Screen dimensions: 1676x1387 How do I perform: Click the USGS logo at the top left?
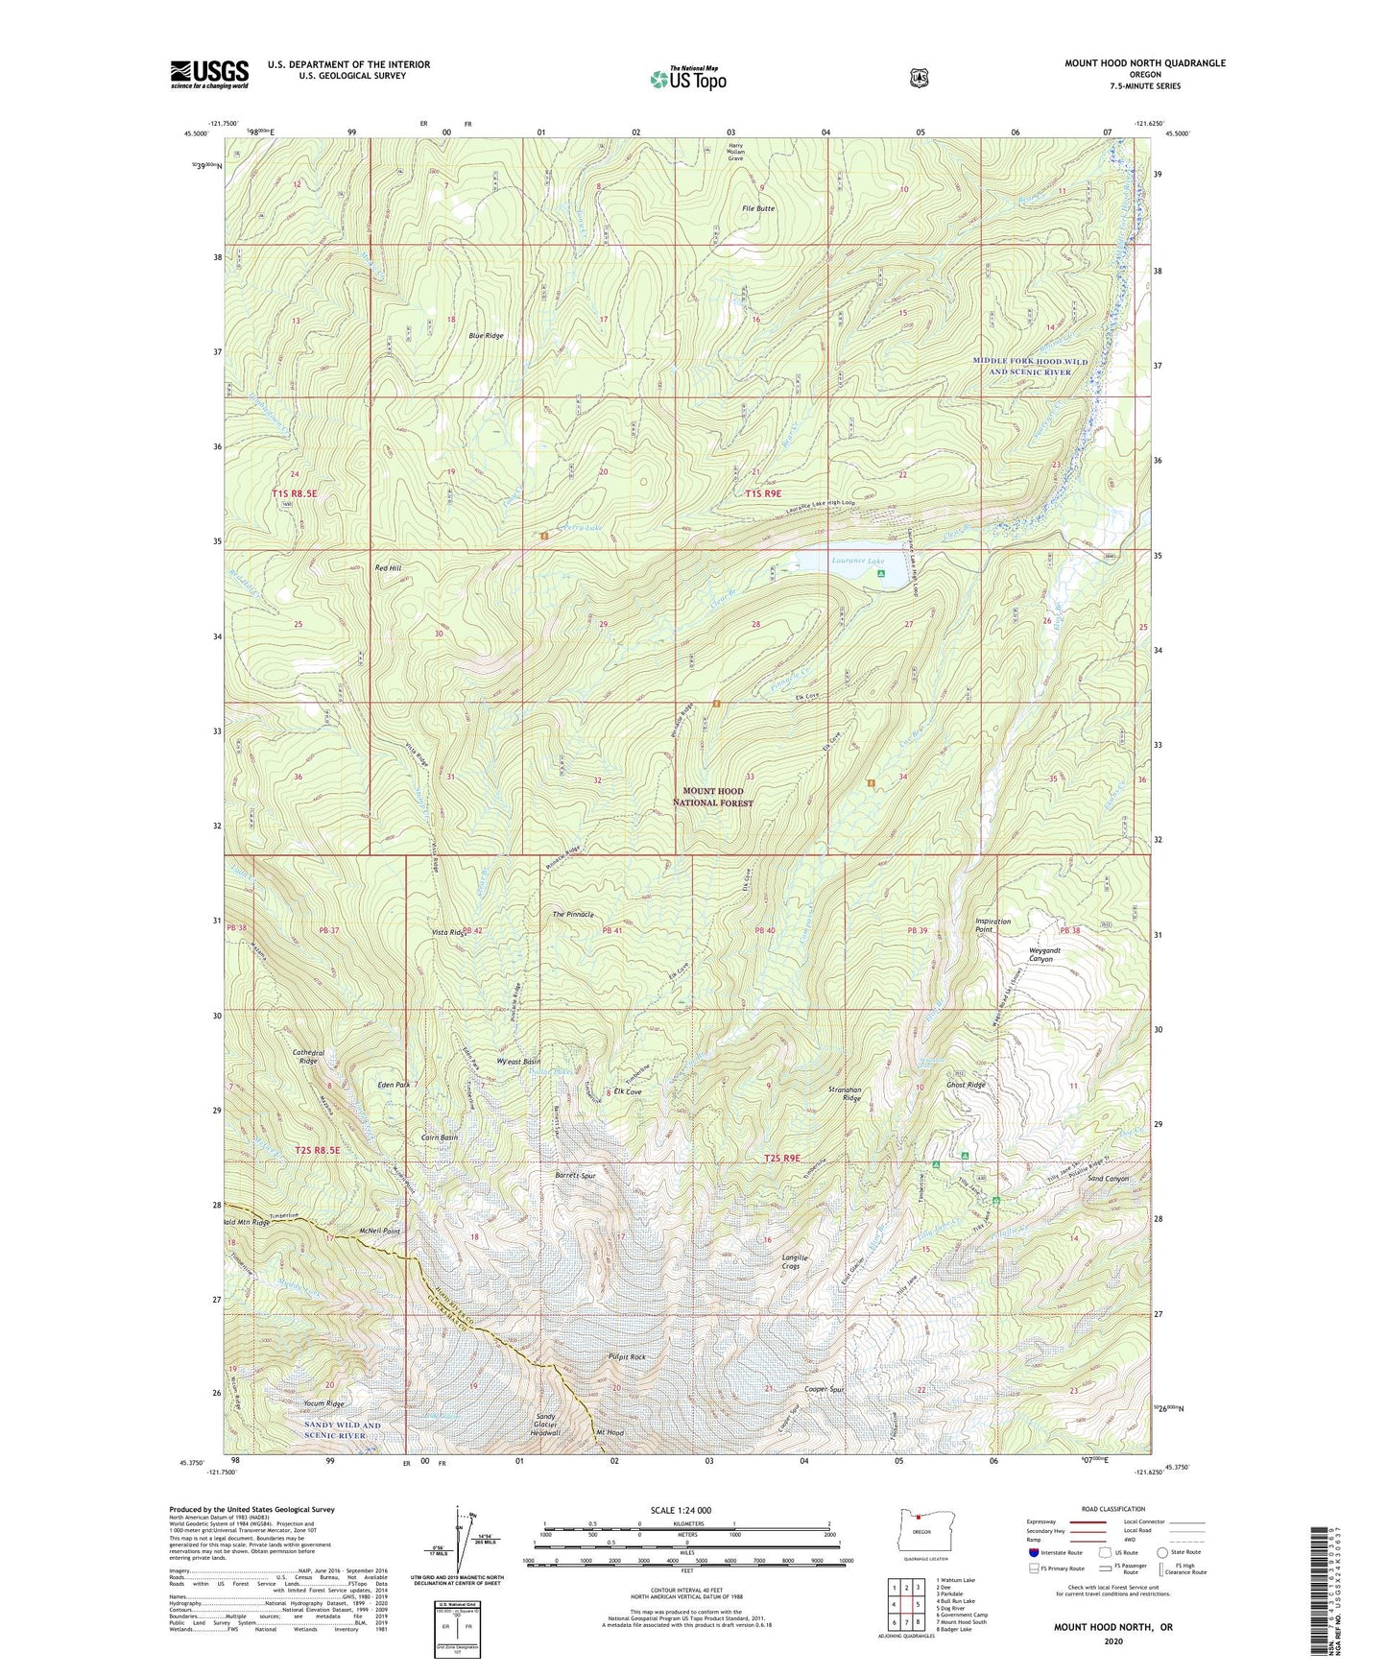[x=209, y=74]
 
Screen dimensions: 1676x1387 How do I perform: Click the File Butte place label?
[x=757, y=208]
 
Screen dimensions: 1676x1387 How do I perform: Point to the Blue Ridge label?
[x=486, y=336]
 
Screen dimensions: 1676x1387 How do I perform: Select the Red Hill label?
[x=388, y=568]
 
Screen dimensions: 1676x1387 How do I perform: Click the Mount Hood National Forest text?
[x=712, y=797]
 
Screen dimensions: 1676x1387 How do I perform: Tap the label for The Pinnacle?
[x=573, y=914]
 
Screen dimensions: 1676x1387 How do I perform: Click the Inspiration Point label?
[x=992, y=925]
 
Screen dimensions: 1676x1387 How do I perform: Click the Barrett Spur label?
[x=577, y=1175]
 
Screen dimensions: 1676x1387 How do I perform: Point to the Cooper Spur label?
[x=823, y=1389]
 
